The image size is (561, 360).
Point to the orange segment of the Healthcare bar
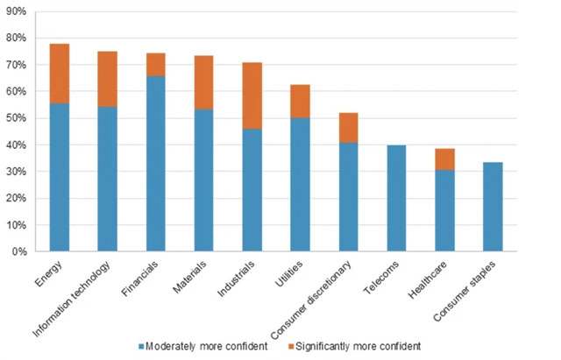pos(444,159)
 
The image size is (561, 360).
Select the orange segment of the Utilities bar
pos(300,101)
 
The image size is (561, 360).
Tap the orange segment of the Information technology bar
pos(108,79)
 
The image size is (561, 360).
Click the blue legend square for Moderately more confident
pos(140,345)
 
